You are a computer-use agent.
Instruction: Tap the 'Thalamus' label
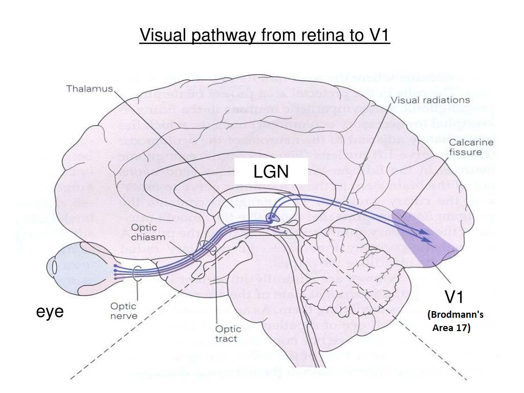[90, 89]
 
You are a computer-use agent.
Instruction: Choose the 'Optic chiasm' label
[148, 232]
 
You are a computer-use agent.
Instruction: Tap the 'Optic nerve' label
[123, 311]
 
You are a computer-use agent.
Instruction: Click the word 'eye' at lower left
[50, 311]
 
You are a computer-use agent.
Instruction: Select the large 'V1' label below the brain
[454, 297]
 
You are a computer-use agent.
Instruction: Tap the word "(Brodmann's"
[455, 315]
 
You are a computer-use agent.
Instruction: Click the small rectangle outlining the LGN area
[274, 221]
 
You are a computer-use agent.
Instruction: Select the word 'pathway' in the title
[224, 36]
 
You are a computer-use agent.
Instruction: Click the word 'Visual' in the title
[164, 36]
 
